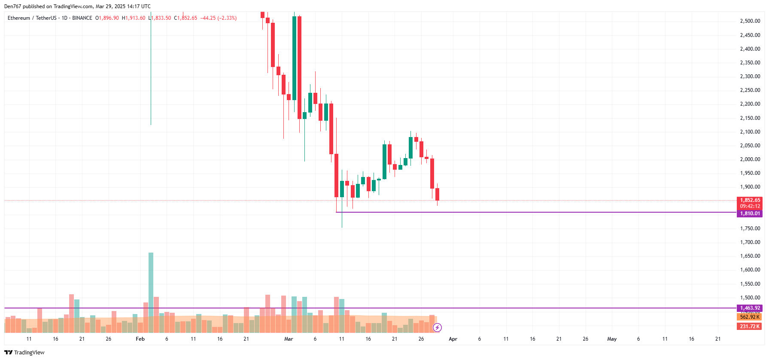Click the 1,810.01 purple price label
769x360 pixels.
click(x=750, y=214)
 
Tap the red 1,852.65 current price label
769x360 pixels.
click(x=750, y=200)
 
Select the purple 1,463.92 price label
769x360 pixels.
click(x=750, y=308)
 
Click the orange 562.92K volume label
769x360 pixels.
click(x=750, y=317)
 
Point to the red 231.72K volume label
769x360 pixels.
click(x=750, y=326)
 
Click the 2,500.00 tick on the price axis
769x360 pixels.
click(x=750, y=21)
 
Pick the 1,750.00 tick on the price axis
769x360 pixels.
click(x=750, y=229)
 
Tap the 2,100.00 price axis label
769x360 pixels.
click(x=750, y=132)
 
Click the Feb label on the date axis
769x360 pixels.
click(x=140, y=339)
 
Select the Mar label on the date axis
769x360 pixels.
click(x=289, y=339)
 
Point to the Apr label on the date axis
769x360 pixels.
click(x=453, y=339)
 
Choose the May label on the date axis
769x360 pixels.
click(x=612, y=339)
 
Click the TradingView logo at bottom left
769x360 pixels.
click(x=24, y=352)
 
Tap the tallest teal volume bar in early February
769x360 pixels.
click(x=151, y=292)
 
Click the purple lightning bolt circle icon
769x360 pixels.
click(x=437, y=328)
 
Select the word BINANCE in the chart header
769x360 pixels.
click(x=82, y=18)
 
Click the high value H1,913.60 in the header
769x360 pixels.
click(x=134, y=18)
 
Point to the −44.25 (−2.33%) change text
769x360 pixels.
click(x=218, y=18)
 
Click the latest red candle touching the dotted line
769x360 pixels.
click(x=437, y=194)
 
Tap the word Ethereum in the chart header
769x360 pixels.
click(x=19, y=18)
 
